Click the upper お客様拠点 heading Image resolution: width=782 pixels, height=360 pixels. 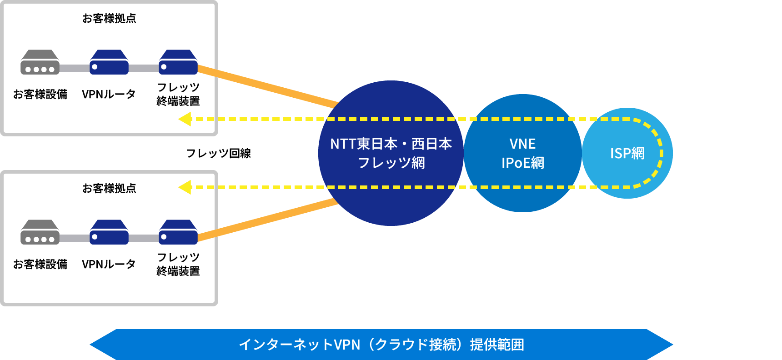tap(109, 19)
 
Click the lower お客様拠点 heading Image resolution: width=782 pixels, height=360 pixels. tap(109, 189)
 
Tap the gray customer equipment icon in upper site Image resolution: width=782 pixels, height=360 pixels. tap(40, 62)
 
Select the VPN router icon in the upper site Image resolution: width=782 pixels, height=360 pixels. tap(109, 62)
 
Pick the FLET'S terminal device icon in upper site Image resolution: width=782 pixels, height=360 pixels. tap(178, 62)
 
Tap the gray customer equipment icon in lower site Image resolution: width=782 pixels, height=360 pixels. tap(40, 232)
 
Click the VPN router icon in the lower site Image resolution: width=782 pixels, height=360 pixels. tap(109, 232)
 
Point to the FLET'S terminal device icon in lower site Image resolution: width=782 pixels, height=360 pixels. tap(178, 232)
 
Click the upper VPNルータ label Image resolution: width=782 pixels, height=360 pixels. tap(109, 94)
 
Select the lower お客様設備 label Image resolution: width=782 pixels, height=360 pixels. tap(40, 264)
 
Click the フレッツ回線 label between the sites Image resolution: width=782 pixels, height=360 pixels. tap(218, 153)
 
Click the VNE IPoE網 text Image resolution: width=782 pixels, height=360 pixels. tap(523, 153)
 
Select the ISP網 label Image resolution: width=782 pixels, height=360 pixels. tap(627, 153)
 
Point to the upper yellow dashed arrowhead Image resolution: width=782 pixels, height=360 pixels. tap(185, 119)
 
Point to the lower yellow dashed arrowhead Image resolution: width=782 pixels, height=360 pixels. tap(185, 187)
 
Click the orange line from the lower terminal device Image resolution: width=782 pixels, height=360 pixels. tap(268, 220)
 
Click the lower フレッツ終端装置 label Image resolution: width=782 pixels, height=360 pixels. tap(178, 264)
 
